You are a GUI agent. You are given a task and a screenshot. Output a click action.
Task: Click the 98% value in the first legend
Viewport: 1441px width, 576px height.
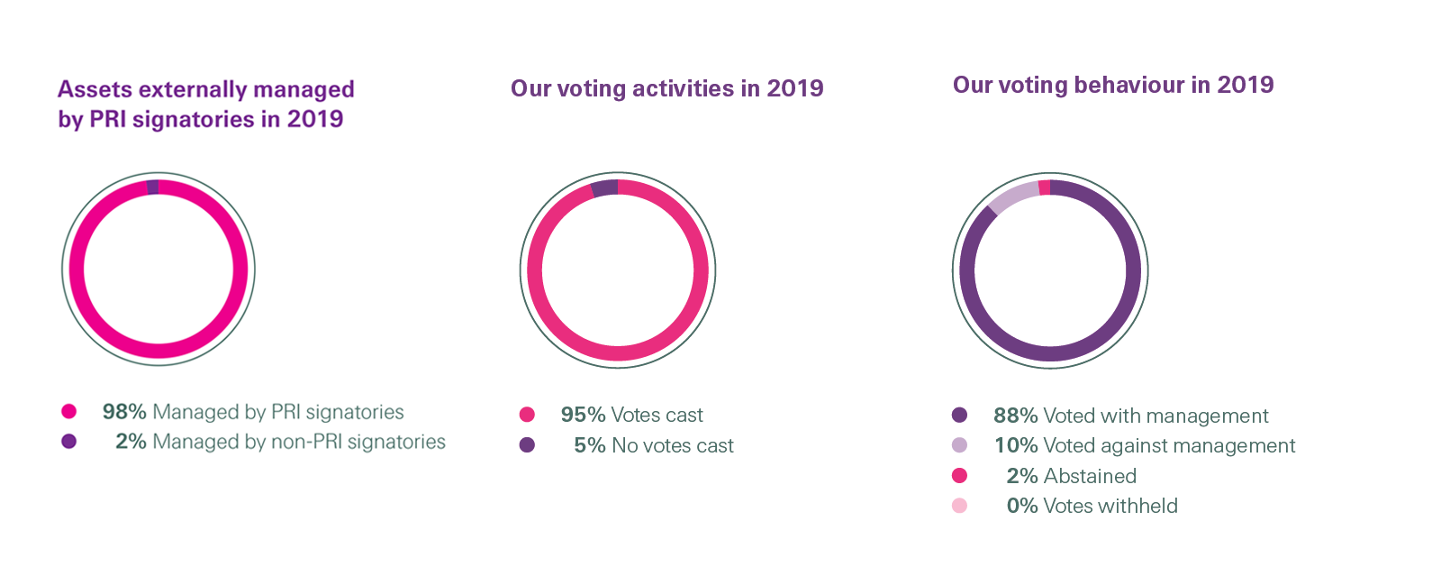(x=124, y=412)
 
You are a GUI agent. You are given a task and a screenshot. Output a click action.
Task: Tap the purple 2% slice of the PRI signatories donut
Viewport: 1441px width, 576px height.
(x=153, y=187)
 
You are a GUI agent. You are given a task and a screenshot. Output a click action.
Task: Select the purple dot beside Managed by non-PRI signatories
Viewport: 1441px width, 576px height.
(x=68, y=442)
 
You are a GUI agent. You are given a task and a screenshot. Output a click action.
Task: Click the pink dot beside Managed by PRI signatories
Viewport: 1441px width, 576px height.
(x=68, y=412)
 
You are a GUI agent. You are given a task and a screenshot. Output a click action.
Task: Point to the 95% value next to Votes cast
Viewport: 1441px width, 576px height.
(x=583, y=415)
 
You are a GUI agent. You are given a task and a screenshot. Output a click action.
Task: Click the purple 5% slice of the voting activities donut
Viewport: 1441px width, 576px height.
(x=604, y=188)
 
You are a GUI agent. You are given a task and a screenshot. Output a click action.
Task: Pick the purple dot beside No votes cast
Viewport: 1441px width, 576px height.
(x=527, y=445)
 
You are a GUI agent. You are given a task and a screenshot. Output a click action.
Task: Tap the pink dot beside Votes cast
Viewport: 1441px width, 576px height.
(x=527, y=415)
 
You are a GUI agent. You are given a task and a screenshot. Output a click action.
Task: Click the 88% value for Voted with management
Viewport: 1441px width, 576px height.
(x=1015, y=416)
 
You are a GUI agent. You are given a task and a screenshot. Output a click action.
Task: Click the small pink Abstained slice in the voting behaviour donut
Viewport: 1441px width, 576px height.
(x=1044, y=187)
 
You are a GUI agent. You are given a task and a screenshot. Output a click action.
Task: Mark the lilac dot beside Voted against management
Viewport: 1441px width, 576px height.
(x=959, y=445)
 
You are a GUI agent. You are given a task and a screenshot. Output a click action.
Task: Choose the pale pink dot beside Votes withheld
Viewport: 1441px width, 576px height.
(x=959, y=506)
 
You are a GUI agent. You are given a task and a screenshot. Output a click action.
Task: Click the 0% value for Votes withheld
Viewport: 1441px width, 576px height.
(x=1022, y=506)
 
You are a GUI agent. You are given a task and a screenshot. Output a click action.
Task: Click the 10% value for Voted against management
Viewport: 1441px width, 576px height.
(x=1016, y=445)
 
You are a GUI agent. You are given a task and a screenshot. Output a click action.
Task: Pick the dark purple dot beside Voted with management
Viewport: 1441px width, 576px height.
(x=959, y=416)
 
